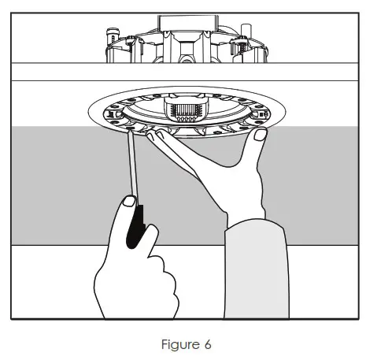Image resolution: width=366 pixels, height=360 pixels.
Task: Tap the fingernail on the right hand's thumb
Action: point(259,139)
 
